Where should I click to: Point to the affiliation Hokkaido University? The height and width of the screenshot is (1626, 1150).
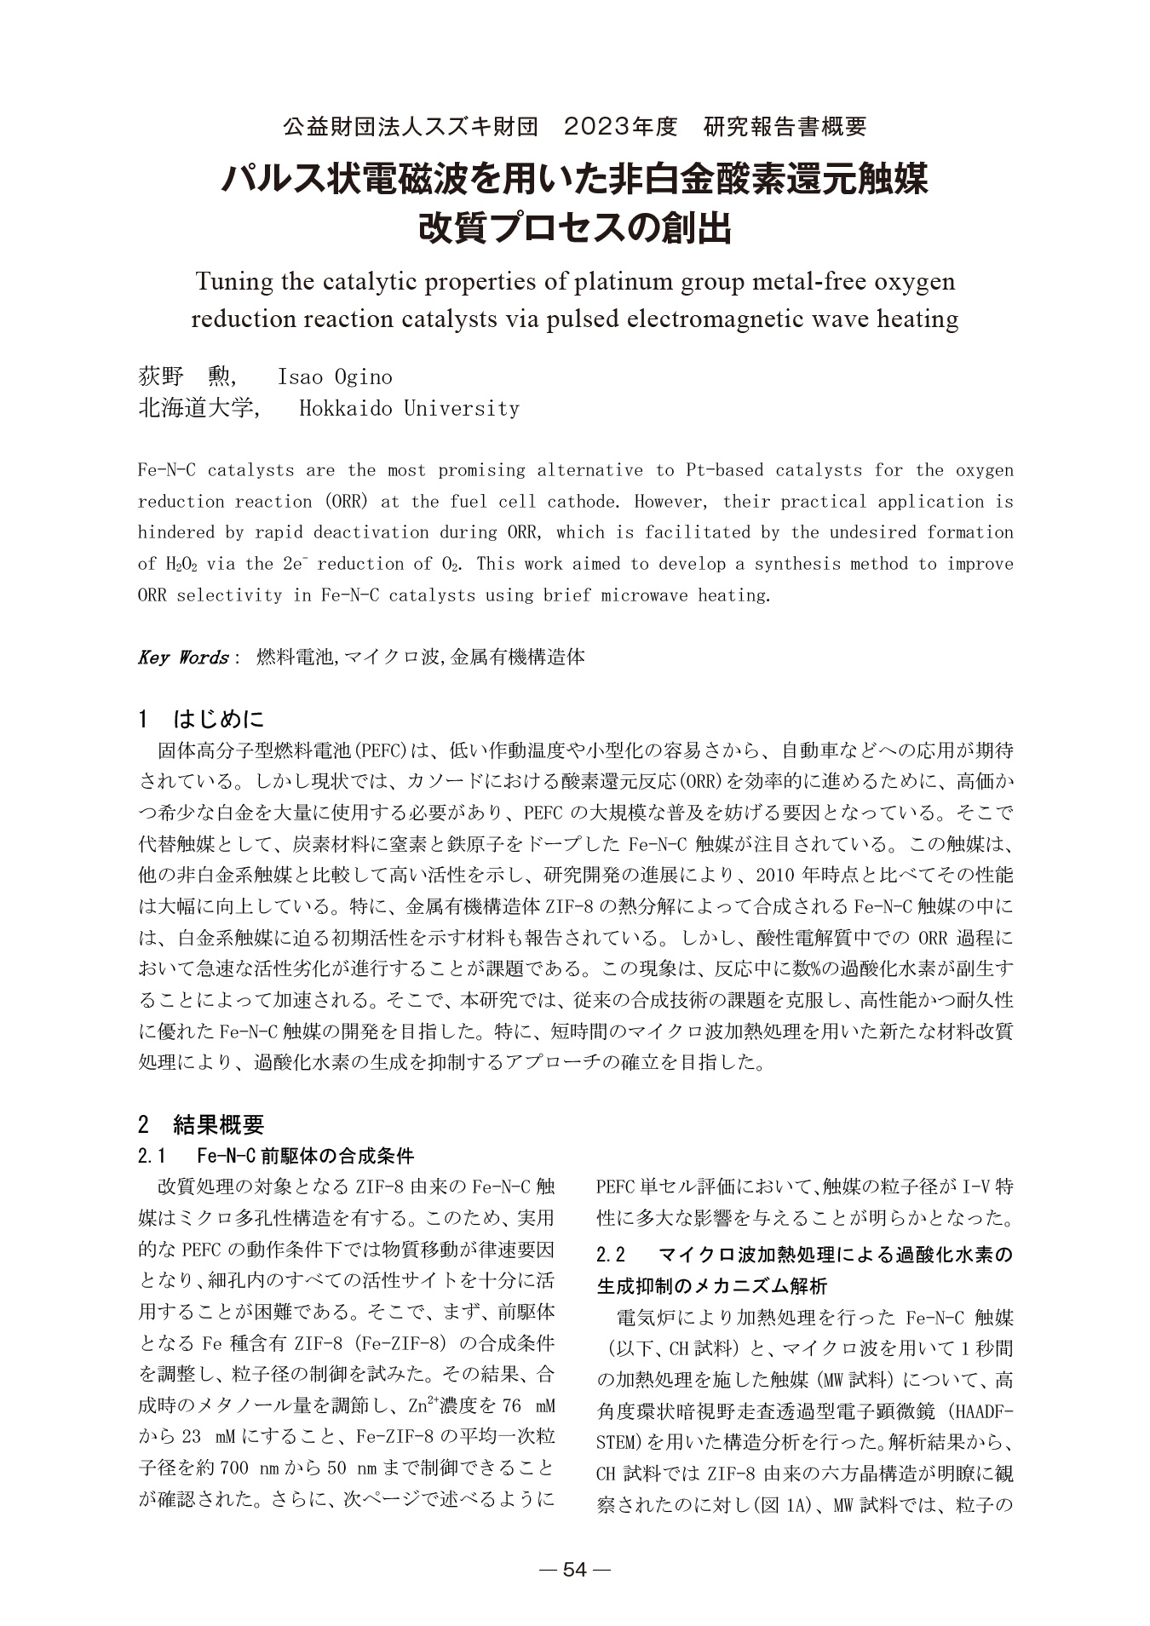(x=409, y=409)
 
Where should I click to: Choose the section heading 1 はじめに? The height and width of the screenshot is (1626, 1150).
(x=202, y=720)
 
